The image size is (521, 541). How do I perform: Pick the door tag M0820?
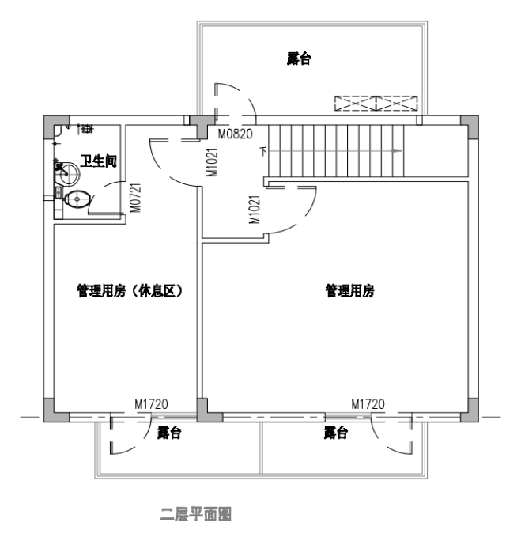[235, 134]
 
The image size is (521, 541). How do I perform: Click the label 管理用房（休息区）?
[130, 291]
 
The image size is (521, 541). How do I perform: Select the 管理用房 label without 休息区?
[349, 291]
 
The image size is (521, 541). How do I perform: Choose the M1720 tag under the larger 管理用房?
[368, 404]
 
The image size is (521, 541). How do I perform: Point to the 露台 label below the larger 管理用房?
[335, 433]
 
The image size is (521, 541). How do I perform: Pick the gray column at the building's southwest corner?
[51, 410]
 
